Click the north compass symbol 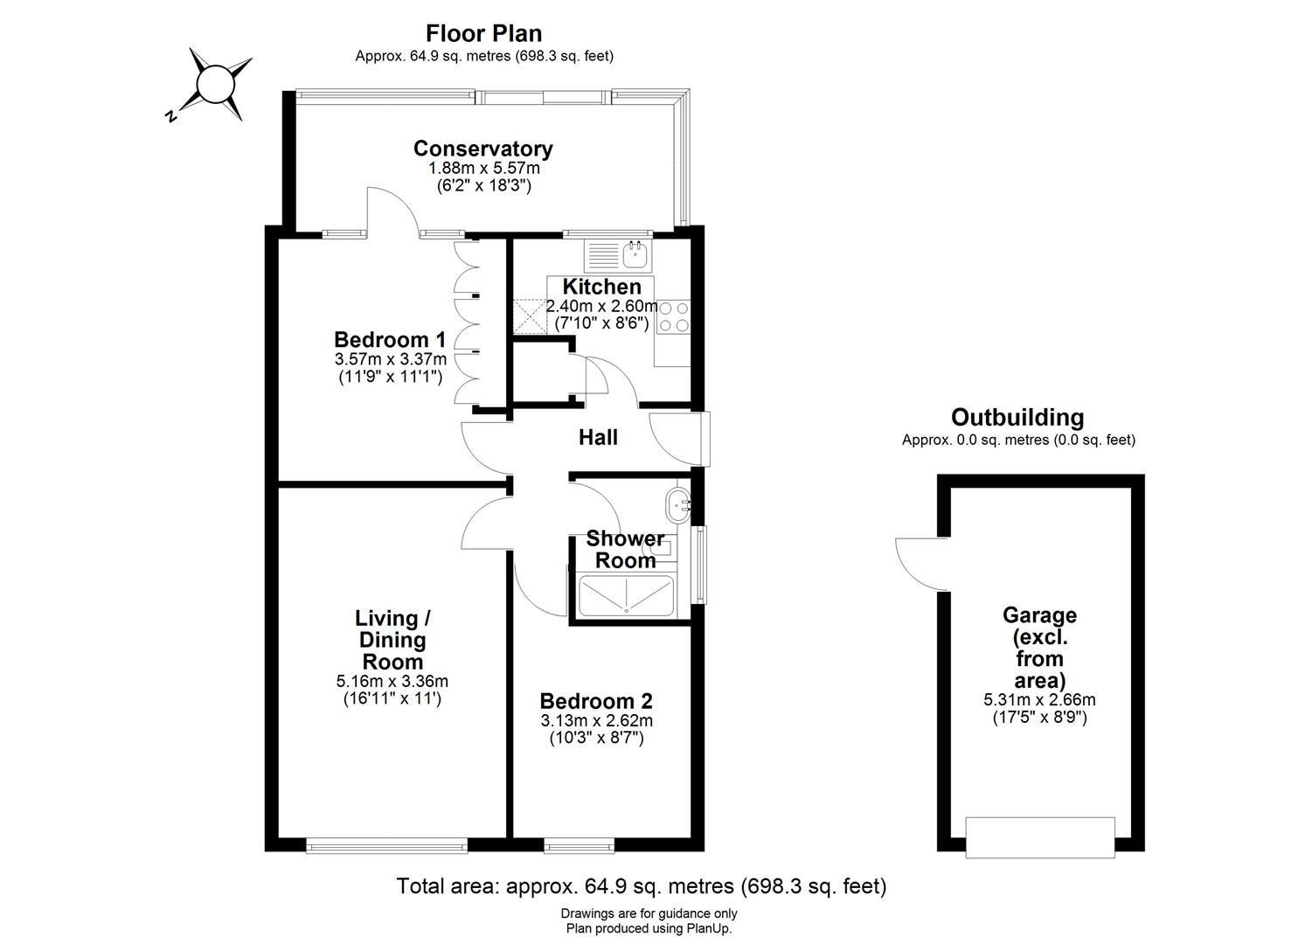(212, 86)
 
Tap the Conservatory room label (482, 149)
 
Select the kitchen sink (635, 255)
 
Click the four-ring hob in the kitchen (672, 316)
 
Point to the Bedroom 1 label (390, 339)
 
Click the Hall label (598, 437)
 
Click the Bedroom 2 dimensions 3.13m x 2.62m (596, 721)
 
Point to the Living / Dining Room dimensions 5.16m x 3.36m (392, 682)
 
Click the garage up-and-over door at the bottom (1040, 836)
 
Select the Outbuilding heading (1017, 418)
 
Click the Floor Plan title (483, 33)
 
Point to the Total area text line (642, 886)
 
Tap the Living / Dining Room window (386, 845)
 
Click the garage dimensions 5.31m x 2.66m (1039, 700)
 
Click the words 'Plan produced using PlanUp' (649, 929)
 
